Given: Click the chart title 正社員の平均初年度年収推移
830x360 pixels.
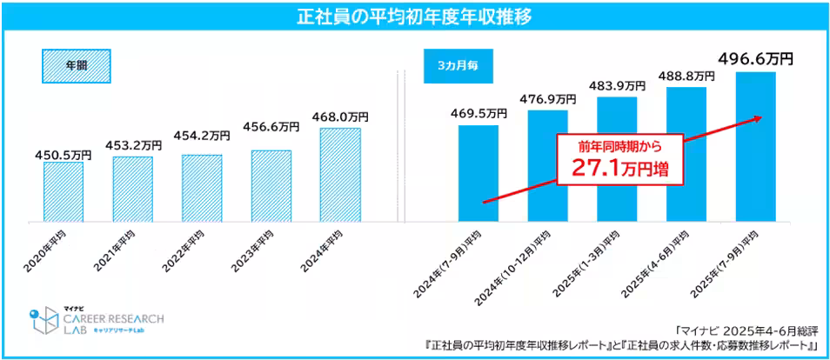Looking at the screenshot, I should click(x=414, y=17).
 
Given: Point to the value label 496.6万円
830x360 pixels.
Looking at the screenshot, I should click(x=755, y=60).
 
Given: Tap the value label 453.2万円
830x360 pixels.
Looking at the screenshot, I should click(x=132, y=145).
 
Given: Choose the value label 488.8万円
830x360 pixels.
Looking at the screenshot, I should click(x=686, y=76).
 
